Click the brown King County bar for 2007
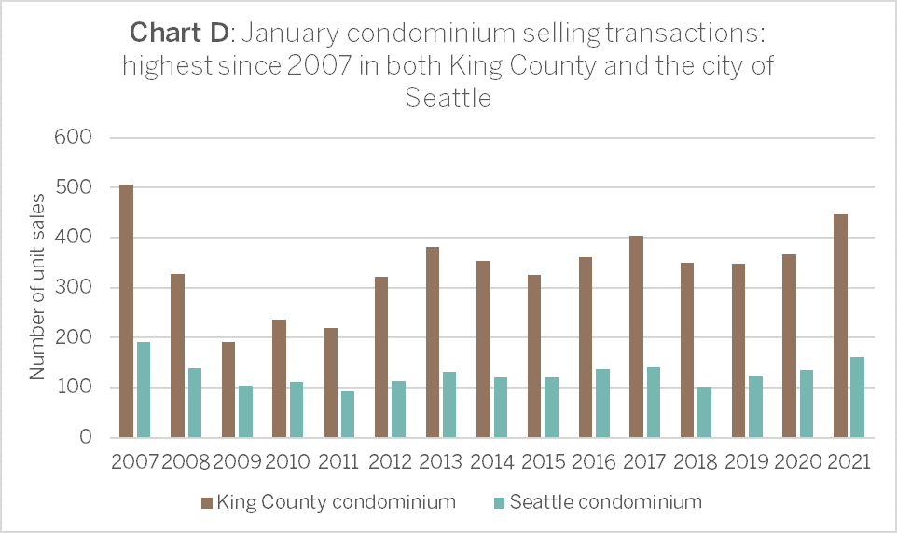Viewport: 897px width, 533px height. coord(127,311)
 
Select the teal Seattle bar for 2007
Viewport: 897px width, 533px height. coord(144,390)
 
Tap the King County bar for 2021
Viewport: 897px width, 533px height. coord(840,326)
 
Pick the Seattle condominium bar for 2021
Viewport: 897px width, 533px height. coord(858,398)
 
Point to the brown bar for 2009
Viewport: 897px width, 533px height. coord(228,390)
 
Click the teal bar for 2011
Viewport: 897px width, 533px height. coord(348,415)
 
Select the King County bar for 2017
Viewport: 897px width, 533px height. coord(636,336)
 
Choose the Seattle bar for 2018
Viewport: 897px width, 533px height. coord(704,413)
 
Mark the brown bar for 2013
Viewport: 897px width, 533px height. coord(433,343)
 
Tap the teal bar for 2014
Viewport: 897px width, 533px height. coord(501,408)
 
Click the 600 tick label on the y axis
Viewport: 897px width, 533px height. coord(74,137)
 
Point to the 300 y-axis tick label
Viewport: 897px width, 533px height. coord(74,287)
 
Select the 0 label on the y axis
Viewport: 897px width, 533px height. coord(86,437)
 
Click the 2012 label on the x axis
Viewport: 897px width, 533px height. coord(390,461)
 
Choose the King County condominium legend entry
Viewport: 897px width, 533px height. coord(329,502)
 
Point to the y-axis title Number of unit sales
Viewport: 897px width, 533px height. coord(37,287)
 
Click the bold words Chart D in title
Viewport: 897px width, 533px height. coord(179,33)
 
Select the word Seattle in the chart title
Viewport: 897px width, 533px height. coord(448,98)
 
